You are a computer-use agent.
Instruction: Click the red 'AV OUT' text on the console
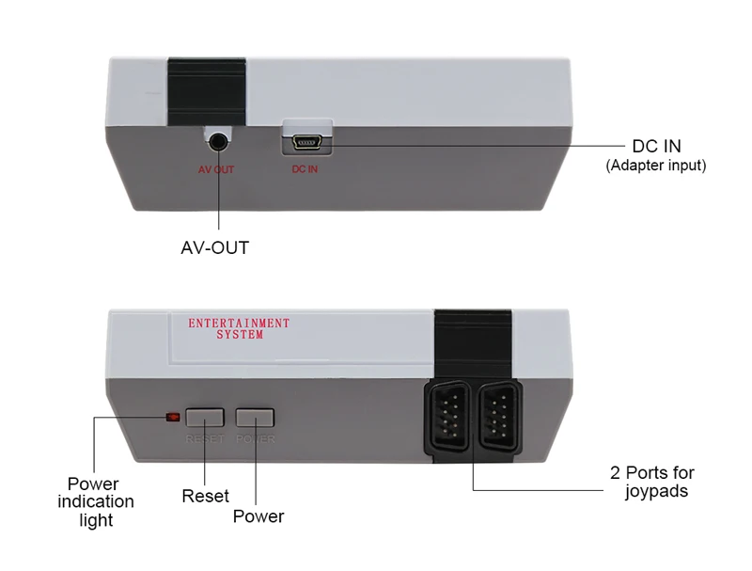pyautogui.click(x=216, y=170)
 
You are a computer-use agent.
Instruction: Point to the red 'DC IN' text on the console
pyautogui.click(x=305, y=170)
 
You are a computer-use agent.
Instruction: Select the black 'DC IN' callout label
pyautogui.click(x=656, y=147)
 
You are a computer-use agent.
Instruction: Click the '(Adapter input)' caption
pyautogui.click(x=656, y=166)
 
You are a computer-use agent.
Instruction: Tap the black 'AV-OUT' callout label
pyautogui.click(x=215, y=248)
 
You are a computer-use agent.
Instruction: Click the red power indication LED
pyautogui.click(x=171, y=417)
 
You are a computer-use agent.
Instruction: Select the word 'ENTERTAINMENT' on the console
pyautogui.click(x=239, y=324)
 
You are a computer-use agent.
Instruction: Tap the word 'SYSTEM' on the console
pyautogui.click(x=240, y=335)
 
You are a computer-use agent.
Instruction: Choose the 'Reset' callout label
pyautogui.click(x=206, y=496)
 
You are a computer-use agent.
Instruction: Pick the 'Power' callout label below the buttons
pyautogui.click(x=258, y=516)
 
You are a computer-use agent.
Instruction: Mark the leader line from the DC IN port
pyautogui.click(x=470, y=146)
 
